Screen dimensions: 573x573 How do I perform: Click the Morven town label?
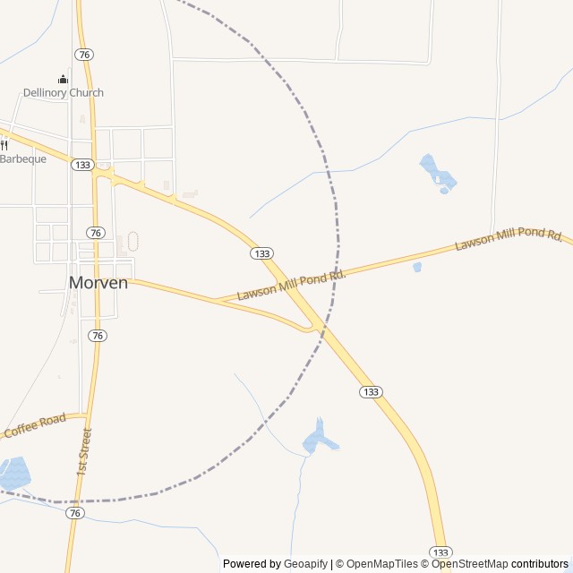(x=98, y=282)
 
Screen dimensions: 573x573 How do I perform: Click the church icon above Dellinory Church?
(x=63, y=79)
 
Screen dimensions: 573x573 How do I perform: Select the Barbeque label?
(x=22, y=158)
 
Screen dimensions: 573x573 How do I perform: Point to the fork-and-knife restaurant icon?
(x=4, y=145)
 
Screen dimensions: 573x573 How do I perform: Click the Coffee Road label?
(x=35, y=425)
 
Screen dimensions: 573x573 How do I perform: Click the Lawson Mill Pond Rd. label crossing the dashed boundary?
(x=291, y=284)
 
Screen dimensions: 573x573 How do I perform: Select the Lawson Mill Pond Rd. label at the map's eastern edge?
(x=509, y=239)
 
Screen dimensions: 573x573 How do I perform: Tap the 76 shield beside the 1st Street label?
(x=75, y=513)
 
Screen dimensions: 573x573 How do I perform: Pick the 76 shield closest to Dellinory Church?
(x=84, y=55)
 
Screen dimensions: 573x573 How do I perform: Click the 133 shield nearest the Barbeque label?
(x=83, y=165)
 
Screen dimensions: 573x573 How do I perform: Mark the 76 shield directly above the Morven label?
(x=96, y=233)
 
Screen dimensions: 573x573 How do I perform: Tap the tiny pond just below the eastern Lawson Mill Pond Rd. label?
(x=417, y=267)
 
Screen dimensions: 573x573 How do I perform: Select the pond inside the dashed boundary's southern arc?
(x=320, y=437)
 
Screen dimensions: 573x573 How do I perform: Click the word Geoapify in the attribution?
(x=305, y=564)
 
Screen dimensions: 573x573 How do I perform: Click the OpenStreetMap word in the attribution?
(x=469, y=564)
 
